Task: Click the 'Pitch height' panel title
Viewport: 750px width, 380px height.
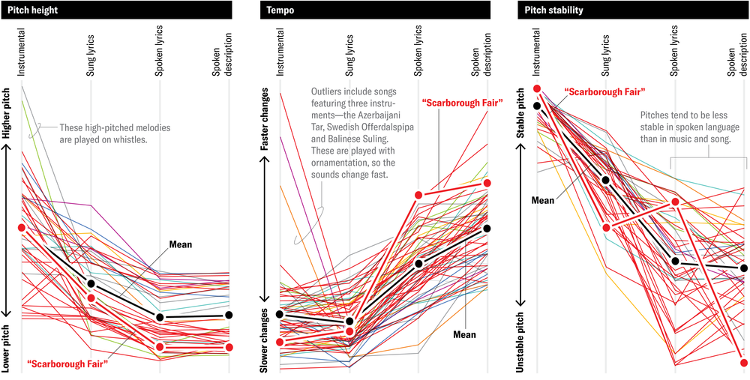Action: pyautogui.click(x=34, y=11)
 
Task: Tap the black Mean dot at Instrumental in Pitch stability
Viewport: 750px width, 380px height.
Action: pyautogui.click(x=537, y=106)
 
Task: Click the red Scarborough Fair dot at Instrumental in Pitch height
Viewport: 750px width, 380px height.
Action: pyautogui.click(x=21, y=227)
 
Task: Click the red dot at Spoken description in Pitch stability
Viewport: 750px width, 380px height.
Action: pyautogui.click(x=743, y=363)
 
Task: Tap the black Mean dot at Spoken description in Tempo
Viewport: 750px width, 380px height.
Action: pyautogui.click(x=487, y=229)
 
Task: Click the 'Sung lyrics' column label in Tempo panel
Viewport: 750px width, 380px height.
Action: pyautogui.click(x=348, y=55)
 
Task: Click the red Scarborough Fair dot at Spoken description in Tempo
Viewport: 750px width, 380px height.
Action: pyautogui.click(x=487, y=183)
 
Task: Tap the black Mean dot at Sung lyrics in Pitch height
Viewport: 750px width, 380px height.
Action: pyautogui.click(x=91, y=283)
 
